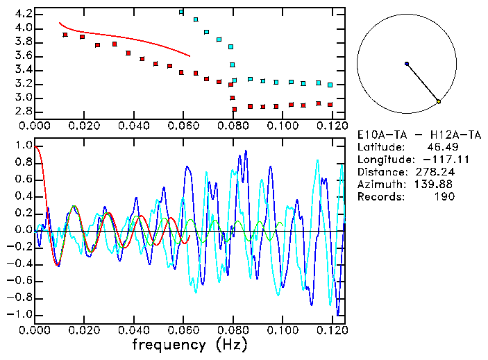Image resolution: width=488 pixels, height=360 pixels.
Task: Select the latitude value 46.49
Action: (442, 147)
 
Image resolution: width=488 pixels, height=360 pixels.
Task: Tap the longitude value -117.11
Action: (437, 160)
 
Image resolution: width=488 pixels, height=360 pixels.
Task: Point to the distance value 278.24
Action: (435, 172)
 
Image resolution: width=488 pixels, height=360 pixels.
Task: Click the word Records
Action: (379, 197)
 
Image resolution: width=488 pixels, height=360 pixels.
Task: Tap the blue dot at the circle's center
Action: (407, 64)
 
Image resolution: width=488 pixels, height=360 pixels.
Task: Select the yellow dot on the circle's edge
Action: (439, 102)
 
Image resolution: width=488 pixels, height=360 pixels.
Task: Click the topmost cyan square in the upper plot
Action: (181, 12)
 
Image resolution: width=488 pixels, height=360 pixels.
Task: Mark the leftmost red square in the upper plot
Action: (65, 35)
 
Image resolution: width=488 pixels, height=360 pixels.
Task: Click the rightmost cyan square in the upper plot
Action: (330, 85)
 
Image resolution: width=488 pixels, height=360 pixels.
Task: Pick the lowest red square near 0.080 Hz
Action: (235, 109)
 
